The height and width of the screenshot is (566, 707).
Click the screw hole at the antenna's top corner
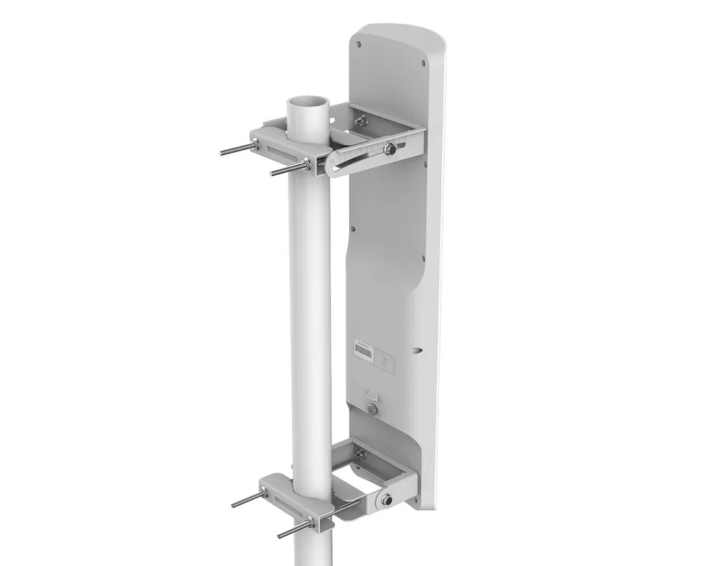point(360,44)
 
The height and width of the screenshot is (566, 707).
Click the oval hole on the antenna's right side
point(421,348)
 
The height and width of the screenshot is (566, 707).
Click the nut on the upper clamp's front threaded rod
point(307,166)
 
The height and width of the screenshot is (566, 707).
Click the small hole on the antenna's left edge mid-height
point(351,229)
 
